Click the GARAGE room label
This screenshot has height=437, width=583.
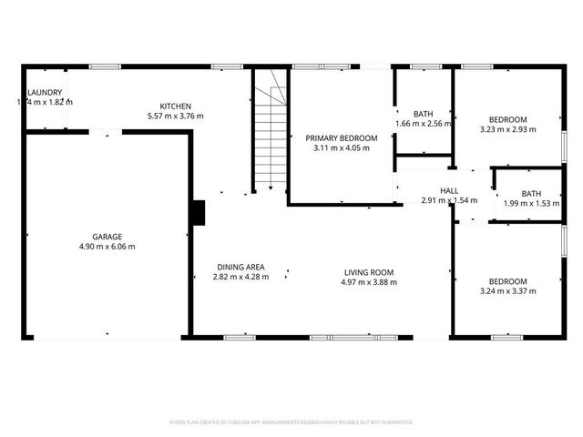coord(106,236)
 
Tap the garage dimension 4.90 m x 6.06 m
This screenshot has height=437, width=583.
coord(106,246)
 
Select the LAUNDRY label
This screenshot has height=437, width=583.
coord(45,93)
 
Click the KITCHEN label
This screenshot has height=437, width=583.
coord(175,106)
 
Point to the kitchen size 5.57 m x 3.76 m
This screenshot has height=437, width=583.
coord(175,116)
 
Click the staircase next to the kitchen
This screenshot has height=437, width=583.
coord(271,137)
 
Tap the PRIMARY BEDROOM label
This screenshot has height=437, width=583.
coord(340,137)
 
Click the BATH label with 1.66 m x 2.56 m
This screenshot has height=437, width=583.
coord(423,114)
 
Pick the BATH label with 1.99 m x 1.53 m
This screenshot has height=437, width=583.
coord(531,193)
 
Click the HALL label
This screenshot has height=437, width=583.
coord(448,190)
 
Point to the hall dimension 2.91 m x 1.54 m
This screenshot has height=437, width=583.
coord(448,200)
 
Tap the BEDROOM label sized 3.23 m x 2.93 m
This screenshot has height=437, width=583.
coord(507,119)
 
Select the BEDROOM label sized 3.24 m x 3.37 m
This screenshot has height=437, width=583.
coord(507,281)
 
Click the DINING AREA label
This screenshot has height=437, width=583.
coord(240,267)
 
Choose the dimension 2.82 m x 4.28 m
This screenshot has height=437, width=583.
coord(240,277)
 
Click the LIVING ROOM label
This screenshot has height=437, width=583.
coord(368,272)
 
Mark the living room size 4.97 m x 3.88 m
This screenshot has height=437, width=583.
coord(368,282)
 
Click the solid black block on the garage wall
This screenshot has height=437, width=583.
coord(198,212)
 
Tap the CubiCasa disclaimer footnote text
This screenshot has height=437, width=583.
coord(291,422)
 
